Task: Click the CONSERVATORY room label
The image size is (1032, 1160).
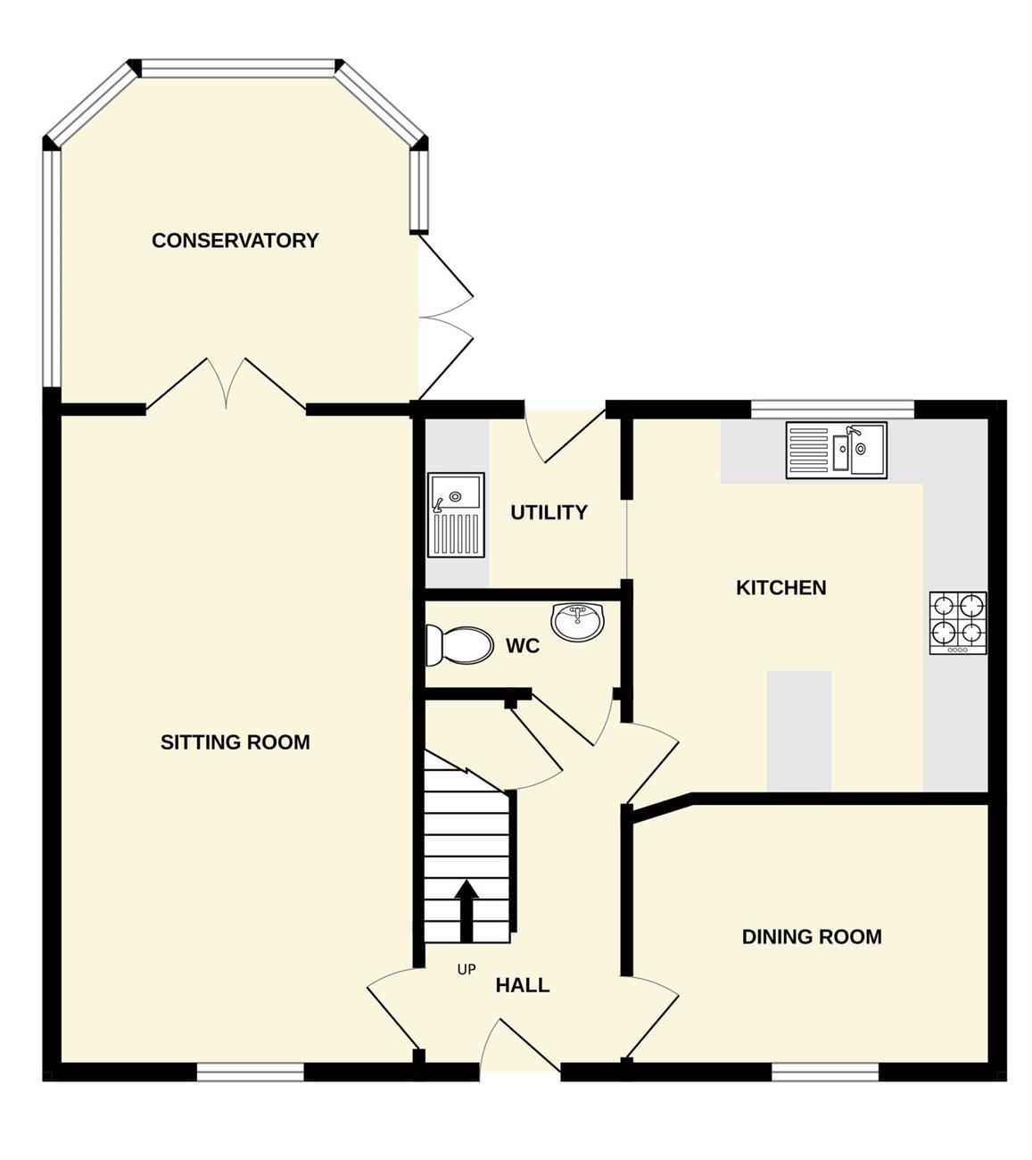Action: [235, 240]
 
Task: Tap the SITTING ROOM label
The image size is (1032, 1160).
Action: [235, 742]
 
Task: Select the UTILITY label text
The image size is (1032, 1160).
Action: [549, 512]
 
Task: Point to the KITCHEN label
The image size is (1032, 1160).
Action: [780, 588]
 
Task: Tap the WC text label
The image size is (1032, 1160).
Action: [523, 646]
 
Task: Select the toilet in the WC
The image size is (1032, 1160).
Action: [459, 645]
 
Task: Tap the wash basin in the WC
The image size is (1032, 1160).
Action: [577, 621]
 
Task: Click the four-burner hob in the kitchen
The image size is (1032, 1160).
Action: [958, 623]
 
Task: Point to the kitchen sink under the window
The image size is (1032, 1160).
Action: [837, 450]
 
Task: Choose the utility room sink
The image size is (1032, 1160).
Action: [456, 515]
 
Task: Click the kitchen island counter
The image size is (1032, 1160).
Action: [798, 732]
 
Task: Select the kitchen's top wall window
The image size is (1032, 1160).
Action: [833, 410]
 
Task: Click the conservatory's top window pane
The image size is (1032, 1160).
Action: [237, 68]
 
